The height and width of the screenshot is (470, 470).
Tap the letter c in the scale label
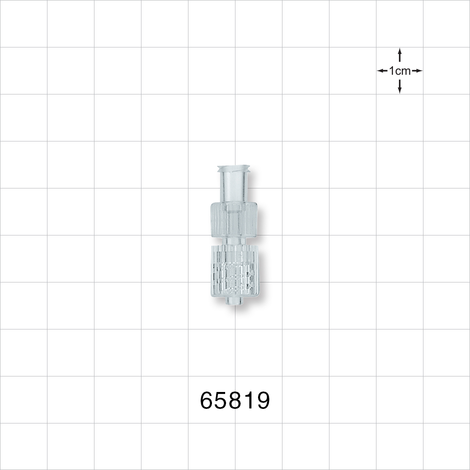pyautogui.click(x=398, y=71)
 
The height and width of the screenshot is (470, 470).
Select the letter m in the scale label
pyautogui.click(x=406, y=71)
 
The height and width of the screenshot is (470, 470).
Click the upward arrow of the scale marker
pyautogui.click(x=399, y=54)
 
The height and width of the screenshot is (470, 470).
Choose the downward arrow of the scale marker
pyautogui.click(x=399, y=87)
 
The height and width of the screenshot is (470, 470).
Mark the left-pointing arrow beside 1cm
pyautogui.click(x=382, y=71)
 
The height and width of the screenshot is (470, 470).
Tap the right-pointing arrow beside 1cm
pyautogui.click(x=417, y=71)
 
